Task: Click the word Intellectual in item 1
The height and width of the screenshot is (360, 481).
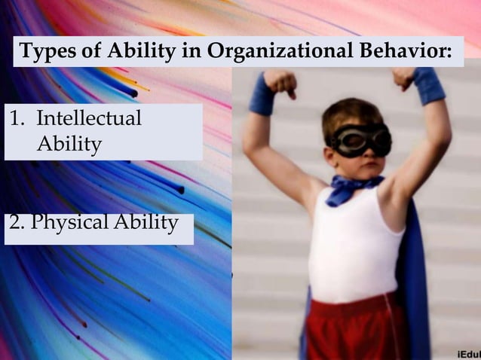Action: tap(88, 119)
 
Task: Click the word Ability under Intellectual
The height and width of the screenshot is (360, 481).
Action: tap(69, 144)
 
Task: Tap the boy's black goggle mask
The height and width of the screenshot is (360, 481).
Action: tap(360, 140)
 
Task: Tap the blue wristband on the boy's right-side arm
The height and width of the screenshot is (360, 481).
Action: tap(429, 85)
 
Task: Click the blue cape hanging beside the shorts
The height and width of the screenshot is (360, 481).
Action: tap(414, 301)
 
